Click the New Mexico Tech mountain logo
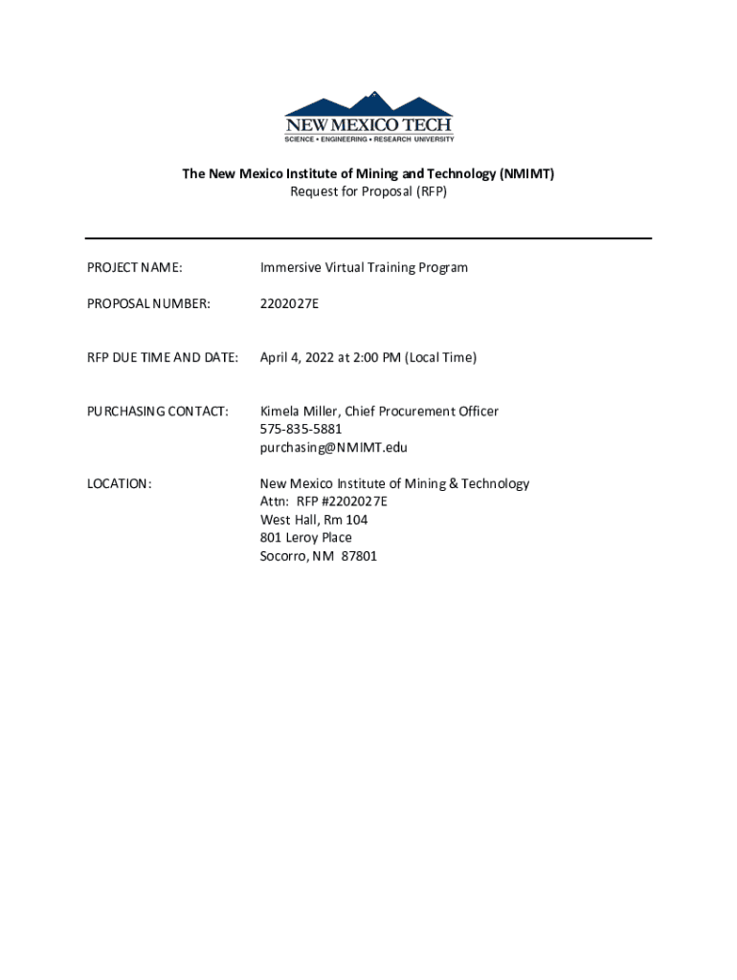pyautogui.click(x=368, y=117)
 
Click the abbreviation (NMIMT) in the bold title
pyautogui.click(x=525, y=173)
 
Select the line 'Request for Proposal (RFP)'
pyautogui.click(x=368, y=191)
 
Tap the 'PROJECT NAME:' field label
pyautogui.click(x=135, y=268)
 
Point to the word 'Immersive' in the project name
pyautogui.click(x=290, y=268)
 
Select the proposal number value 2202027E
pyautogui.click(x=290, y=304)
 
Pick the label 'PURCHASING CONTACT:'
pyautogui.click(x=158, y=412)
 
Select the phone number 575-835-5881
pyautogui.click(x=301, y=429)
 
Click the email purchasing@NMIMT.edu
pyautogui.click(x=334, y=447)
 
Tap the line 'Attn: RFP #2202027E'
pyautogui.click(x=324, y=501)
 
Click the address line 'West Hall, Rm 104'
pyautogui.click(x=314, y=520)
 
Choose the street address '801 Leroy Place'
pyautogui.click(x=306, y=538)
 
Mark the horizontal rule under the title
pyautogui.click(x=368, y=238)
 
